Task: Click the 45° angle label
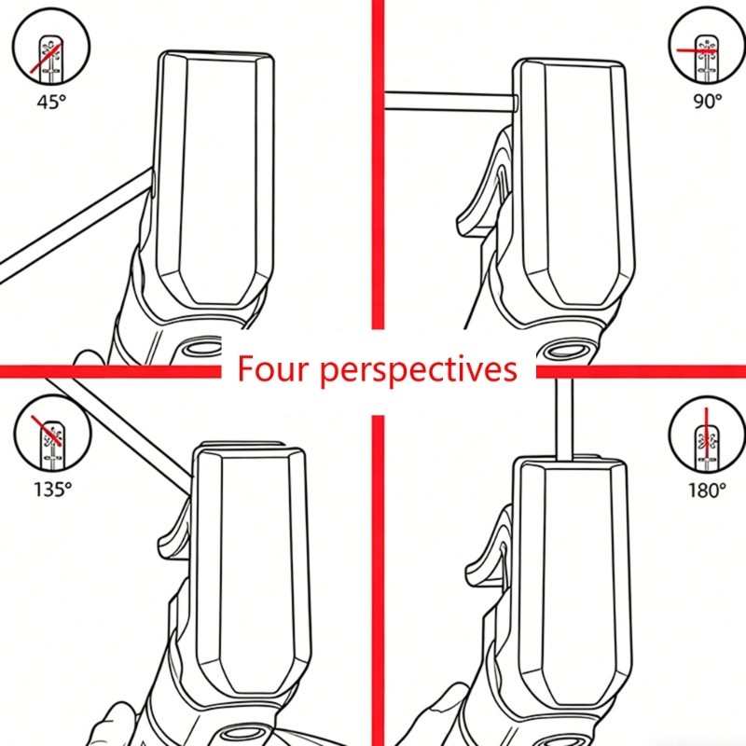(51, 102)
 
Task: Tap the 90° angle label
(708, 101)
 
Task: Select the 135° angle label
(52, 489)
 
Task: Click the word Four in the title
(271, 368)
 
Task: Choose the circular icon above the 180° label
(707, 435)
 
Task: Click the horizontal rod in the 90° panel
(450, 102)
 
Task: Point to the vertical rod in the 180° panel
(564, 419)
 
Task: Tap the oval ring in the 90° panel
(565, 352)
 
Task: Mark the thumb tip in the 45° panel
(88, 357)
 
